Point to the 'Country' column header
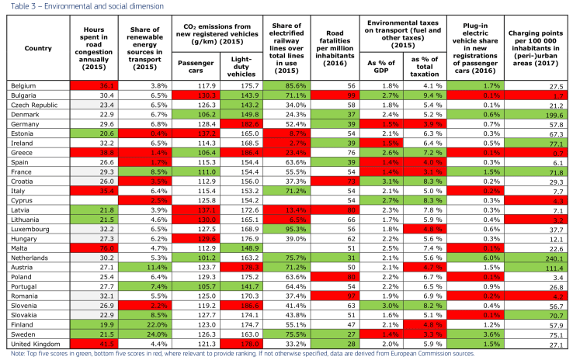tap(38, 46)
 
